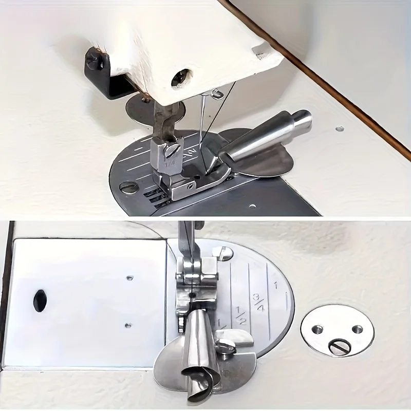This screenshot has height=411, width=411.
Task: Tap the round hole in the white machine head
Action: [x=179, y=78]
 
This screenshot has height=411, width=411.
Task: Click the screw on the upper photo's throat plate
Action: [x=128, y=187]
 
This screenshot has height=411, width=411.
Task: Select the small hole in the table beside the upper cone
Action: [x=340, y=128]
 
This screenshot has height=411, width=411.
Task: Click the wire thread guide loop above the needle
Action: [x=216, y=94]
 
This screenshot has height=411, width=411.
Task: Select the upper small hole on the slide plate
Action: [x=129, y=278]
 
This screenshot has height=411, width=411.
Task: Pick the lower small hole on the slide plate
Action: [x=128, y=325]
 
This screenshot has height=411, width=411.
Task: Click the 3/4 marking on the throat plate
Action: [x=257, y=302]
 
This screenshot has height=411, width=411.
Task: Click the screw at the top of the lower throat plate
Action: [x=222, y=253]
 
